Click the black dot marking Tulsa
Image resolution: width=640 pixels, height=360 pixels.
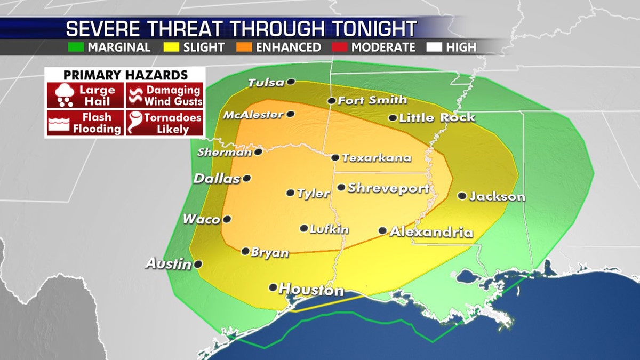tap(291, 82)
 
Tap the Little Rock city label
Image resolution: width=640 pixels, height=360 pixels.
tap(436, 117)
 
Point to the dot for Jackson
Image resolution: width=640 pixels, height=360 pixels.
tap(462, 196)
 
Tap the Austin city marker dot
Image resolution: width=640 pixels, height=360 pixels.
tap(198, 263)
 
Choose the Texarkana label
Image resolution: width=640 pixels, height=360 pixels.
tap(377, 158)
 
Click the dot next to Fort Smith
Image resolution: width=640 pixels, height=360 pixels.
tap(331, 100)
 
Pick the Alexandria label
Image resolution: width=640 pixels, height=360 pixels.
tap(431, 232)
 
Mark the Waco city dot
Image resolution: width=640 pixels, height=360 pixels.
tap(227, 219)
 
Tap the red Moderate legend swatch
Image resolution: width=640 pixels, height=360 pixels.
tap(342, 47)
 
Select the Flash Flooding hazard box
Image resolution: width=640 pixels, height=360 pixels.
tap(85, 123)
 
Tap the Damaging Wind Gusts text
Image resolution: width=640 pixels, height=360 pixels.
tap(174, 95)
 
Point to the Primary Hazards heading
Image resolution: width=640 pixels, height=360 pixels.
tap(125, 75)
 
